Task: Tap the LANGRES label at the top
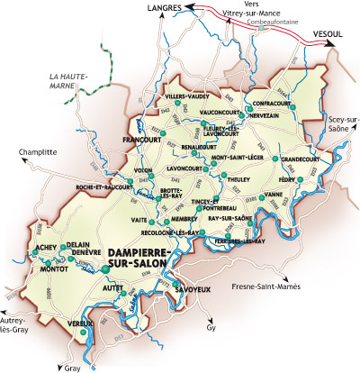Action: (x=165, y=8)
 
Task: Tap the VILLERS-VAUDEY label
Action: (x=186, y=95)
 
